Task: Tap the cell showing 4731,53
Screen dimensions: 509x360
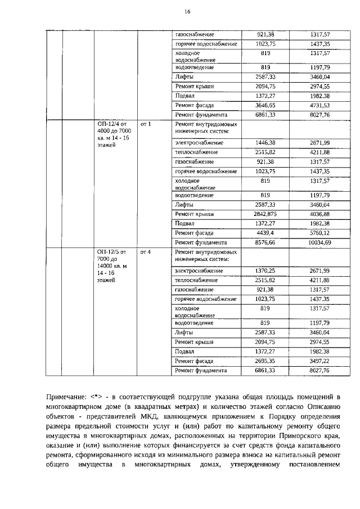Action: click(x=319, y=105)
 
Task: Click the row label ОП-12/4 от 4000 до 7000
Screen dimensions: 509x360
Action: click(x=113, y=134)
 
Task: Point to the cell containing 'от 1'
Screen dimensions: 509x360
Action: click(x=145, y=124)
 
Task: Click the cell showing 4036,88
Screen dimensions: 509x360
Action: click(x=319, y=214)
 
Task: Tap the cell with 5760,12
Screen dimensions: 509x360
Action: click(x=319, y=232)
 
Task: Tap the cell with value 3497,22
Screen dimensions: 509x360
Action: click(x=319, y=361)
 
